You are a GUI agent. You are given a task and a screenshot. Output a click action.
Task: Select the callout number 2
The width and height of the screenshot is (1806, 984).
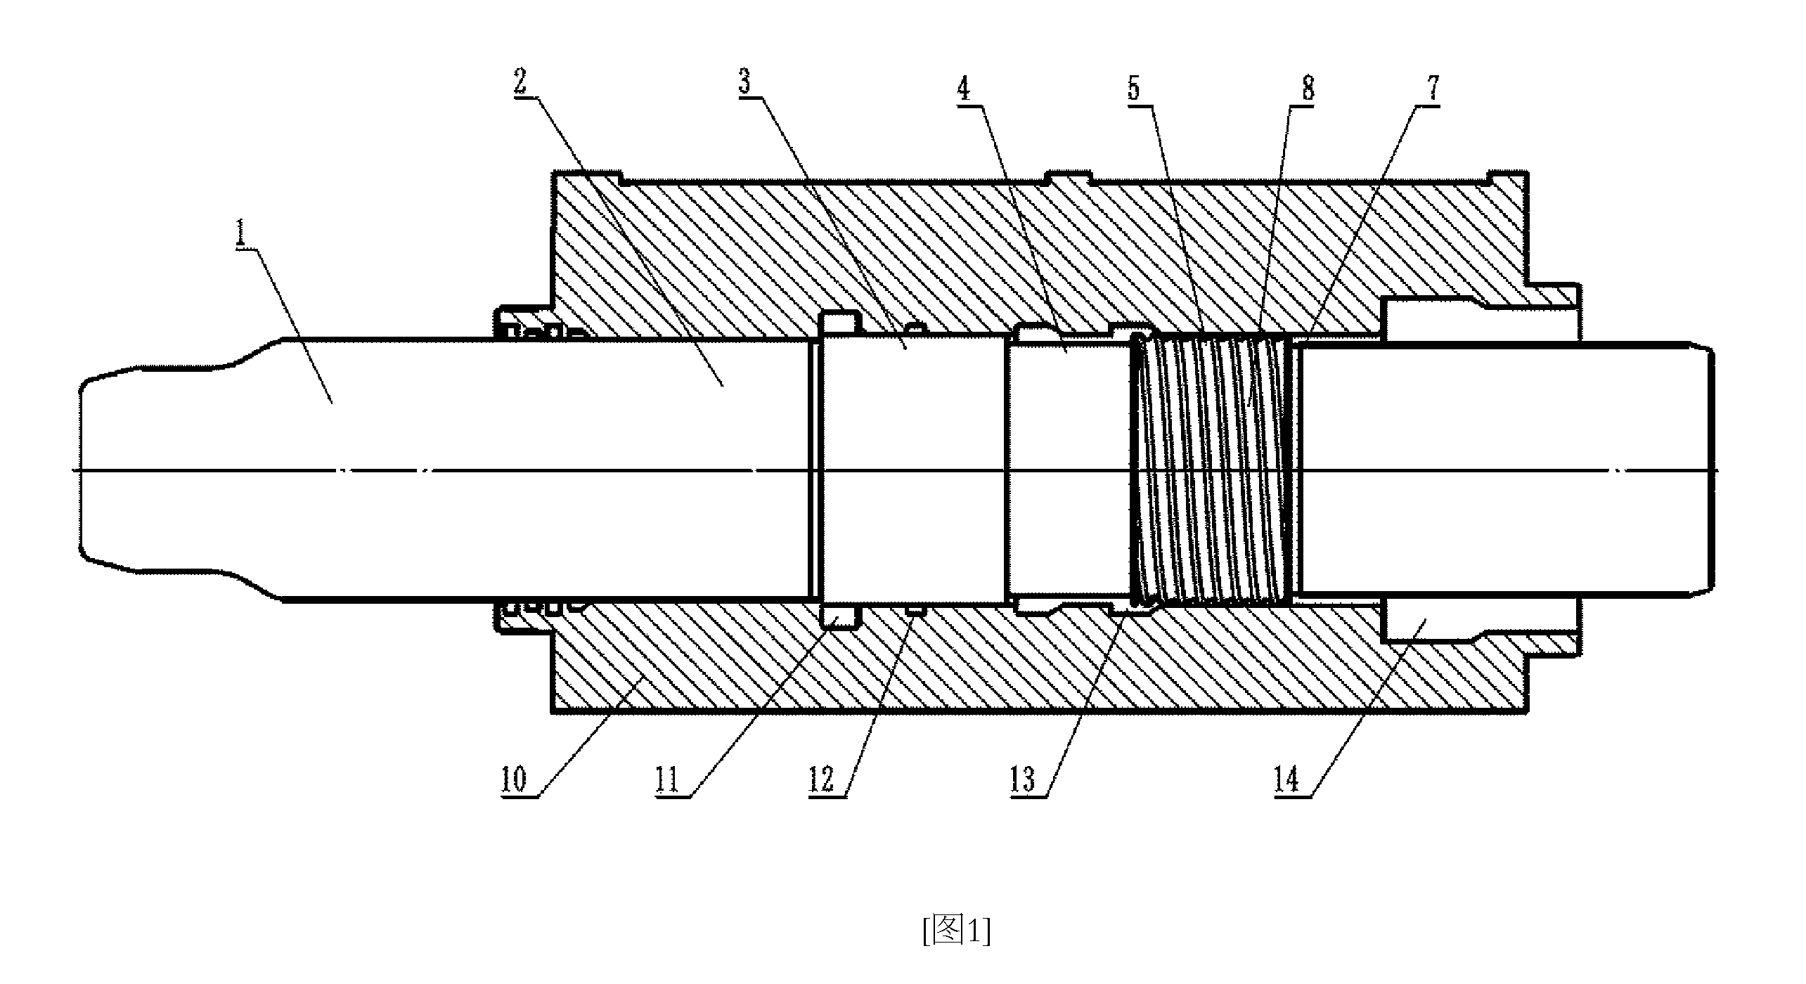coord(520,82)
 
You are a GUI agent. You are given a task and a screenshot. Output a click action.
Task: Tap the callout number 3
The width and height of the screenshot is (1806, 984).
coord(744,82)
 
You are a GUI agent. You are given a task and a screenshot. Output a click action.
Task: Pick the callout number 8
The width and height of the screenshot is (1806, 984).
coord(1308,89)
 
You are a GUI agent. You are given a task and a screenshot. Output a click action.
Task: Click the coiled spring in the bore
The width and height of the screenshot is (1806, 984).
coord(1215,470)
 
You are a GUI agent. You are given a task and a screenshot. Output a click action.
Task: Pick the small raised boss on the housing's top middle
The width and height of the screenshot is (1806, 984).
coord(1069,177)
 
